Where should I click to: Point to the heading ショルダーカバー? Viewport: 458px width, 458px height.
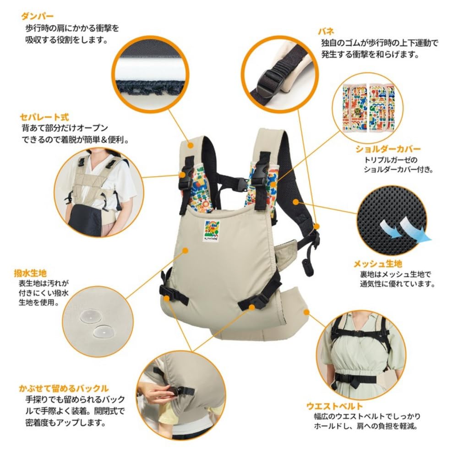coord(387,149)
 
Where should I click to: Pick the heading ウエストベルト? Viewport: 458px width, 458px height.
coord(334,406)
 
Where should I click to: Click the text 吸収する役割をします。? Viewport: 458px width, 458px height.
coord(66,40)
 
